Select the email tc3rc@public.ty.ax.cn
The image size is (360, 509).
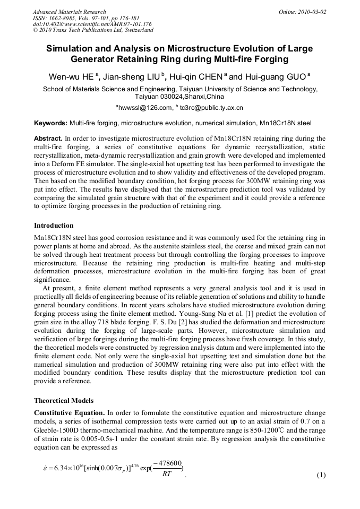pos(211,108)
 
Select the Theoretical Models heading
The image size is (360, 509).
pos(64,400)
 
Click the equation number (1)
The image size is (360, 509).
pos(321,475)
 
